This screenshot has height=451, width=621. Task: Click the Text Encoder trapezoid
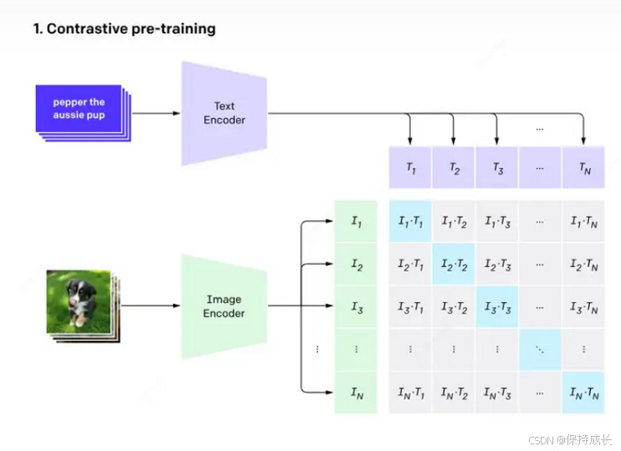pos(223,113)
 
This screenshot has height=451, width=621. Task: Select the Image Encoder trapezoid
pos(223,306)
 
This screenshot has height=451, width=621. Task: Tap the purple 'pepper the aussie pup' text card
pos(79,108)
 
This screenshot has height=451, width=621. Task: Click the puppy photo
pos(79,300)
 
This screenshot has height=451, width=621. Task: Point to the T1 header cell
pos(410,167)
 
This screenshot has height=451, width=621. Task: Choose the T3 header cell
pos(497,167)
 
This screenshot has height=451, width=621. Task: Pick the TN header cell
pos(583,167)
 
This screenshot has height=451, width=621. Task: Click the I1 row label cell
pos(356,222)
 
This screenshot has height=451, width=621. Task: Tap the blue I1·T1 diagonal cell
pos(410,222)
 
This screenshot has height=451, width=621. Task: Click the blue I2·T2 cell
pos(454,264)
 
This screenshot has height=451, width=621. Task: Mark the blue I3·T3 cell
pos(497,307)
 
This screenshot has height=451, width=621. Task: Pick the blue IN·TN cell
pos(583,392)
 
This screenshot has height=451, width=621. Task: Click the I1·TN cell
pos(583,222)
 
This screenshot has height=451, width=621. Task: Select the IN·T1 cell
pos(410,392)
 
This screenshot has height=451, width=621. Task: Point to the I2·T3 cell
pos(497,264)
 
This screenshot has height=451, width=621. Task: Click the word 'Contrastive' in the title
pos(85,29)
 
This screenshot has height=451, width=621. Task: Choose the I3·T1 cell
pos(410,307)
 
